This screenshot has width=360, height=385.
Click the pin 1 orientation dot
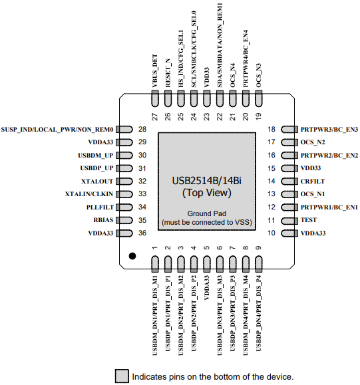(x=132, y=256)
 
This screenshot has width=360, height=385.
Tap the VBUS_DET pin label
(x=155, y=71)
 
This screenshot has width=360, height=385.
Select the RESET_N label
(x=168, y=73)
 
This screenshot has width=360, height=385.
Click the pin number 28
(x=142, y=129)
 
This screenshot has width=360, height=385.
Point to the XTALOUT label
(x=97, y=182)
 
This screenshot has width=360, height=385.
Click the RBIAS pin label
(x=103, y=219)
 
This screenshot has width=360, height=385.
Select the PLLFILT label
(x=100, y=207)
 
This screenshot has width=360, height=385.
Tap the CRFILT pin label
(x=313, y=182)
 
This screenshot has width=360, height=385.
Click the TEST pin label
(x=309, y=219)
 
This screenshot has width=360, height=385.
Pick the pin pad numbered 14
(x=289, y=182)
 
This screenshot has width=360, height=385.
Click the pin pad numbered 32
(x=124, y=182)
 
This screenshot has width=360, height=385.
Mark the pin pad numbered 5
(x=207, y=264)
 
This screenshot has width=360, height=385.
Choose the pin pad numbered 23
(x=207, y=98)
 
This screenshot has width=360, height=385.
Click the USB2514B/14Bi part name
(x=207, y=181)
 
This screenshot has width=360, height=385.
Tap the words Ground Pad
(x=207, y=213)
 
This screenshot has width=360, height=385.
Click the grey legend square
(x=122, y=376)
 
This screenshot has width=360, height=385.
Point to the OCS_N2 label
(x=313, y=142)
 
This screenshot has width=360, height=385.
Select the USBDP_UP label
(x=96, y=168)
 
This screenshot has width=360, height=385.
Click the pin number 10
(x=271, y=233)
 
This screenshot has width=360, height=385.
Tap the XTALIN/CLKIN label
(x=89, y=194)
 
